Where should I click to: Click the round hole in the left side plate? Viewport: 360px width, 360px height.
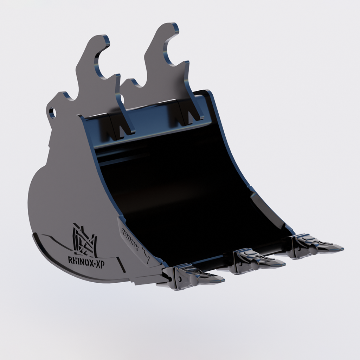pyautogui.click(x=52, y=113)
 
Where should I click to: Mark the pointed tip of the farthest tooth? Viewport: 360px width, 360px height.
pyautogui.click(x=342, y=249)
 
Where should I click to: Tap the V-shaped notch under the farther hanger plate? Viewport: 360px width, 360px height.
pyautogui.click(x=188, y=116)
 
